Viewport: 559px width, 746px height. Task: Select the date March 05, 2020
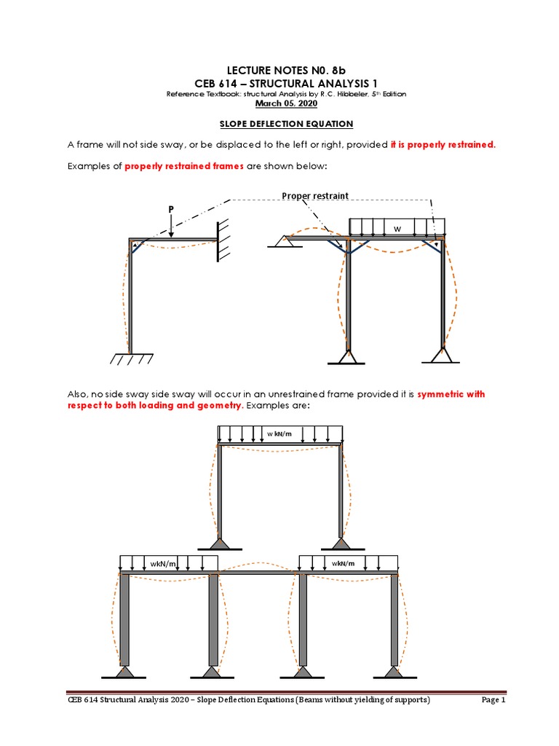click(x=279, y=103)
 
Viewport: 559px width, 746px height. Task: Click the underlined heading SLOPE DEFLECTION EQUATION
click(x=279, y=124)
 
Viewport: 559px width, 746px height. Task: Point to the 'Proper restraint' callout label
click(x=314, y=196)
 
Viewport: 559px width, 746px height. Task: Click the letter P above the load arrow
click(x=171, y=209)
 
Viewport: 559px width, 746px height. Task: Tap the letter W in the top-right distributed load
click(x=397, y=229)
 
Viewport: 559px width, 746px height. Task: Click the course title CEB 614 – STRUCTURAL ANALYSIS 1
click(x=279, y=83)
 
